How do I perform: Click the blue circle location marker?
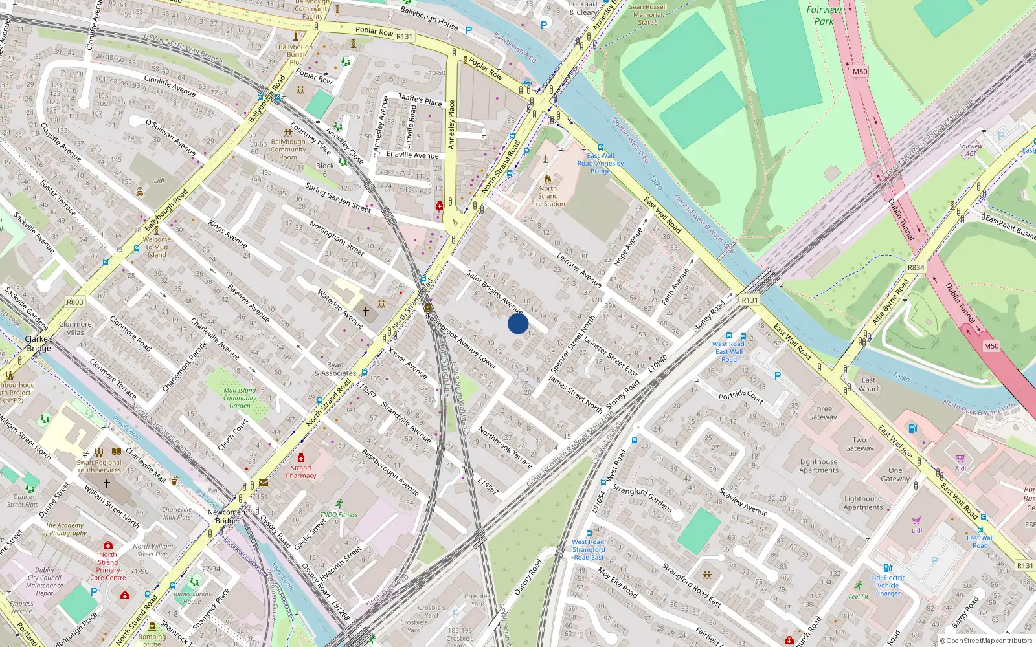click(518, 323)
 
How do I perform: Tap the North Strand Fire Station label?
click(548, 196)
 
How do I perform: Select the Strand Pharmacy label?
click(301, 472)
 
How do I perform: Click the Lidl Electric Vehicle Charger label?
click(888, 586)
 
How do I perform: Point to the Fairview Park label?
click(824, 16)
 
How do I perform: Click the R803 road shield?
click(75, 302)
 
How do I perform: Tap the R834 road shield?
click(916, 267)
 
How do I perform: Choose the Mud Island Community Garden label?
click(240, 398)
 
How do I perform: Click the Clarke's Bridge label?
click(39, 344)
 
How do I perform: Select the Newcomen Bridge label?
click(227, 516)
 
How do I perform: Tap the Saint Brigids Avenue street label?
click(495, 292)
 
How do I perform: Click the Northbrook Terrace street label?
click(505, 447)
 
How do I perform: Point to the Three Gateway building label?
click(822, 413)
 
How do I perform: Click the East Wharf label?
click(868, 384)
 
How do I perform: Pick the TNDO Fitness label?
click(339, 515)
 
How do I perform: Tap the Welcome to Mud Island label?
click(157, 247)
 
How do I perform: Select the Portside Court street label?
click(741, 395)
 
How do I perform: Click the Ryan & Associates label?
click(335, 369)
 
